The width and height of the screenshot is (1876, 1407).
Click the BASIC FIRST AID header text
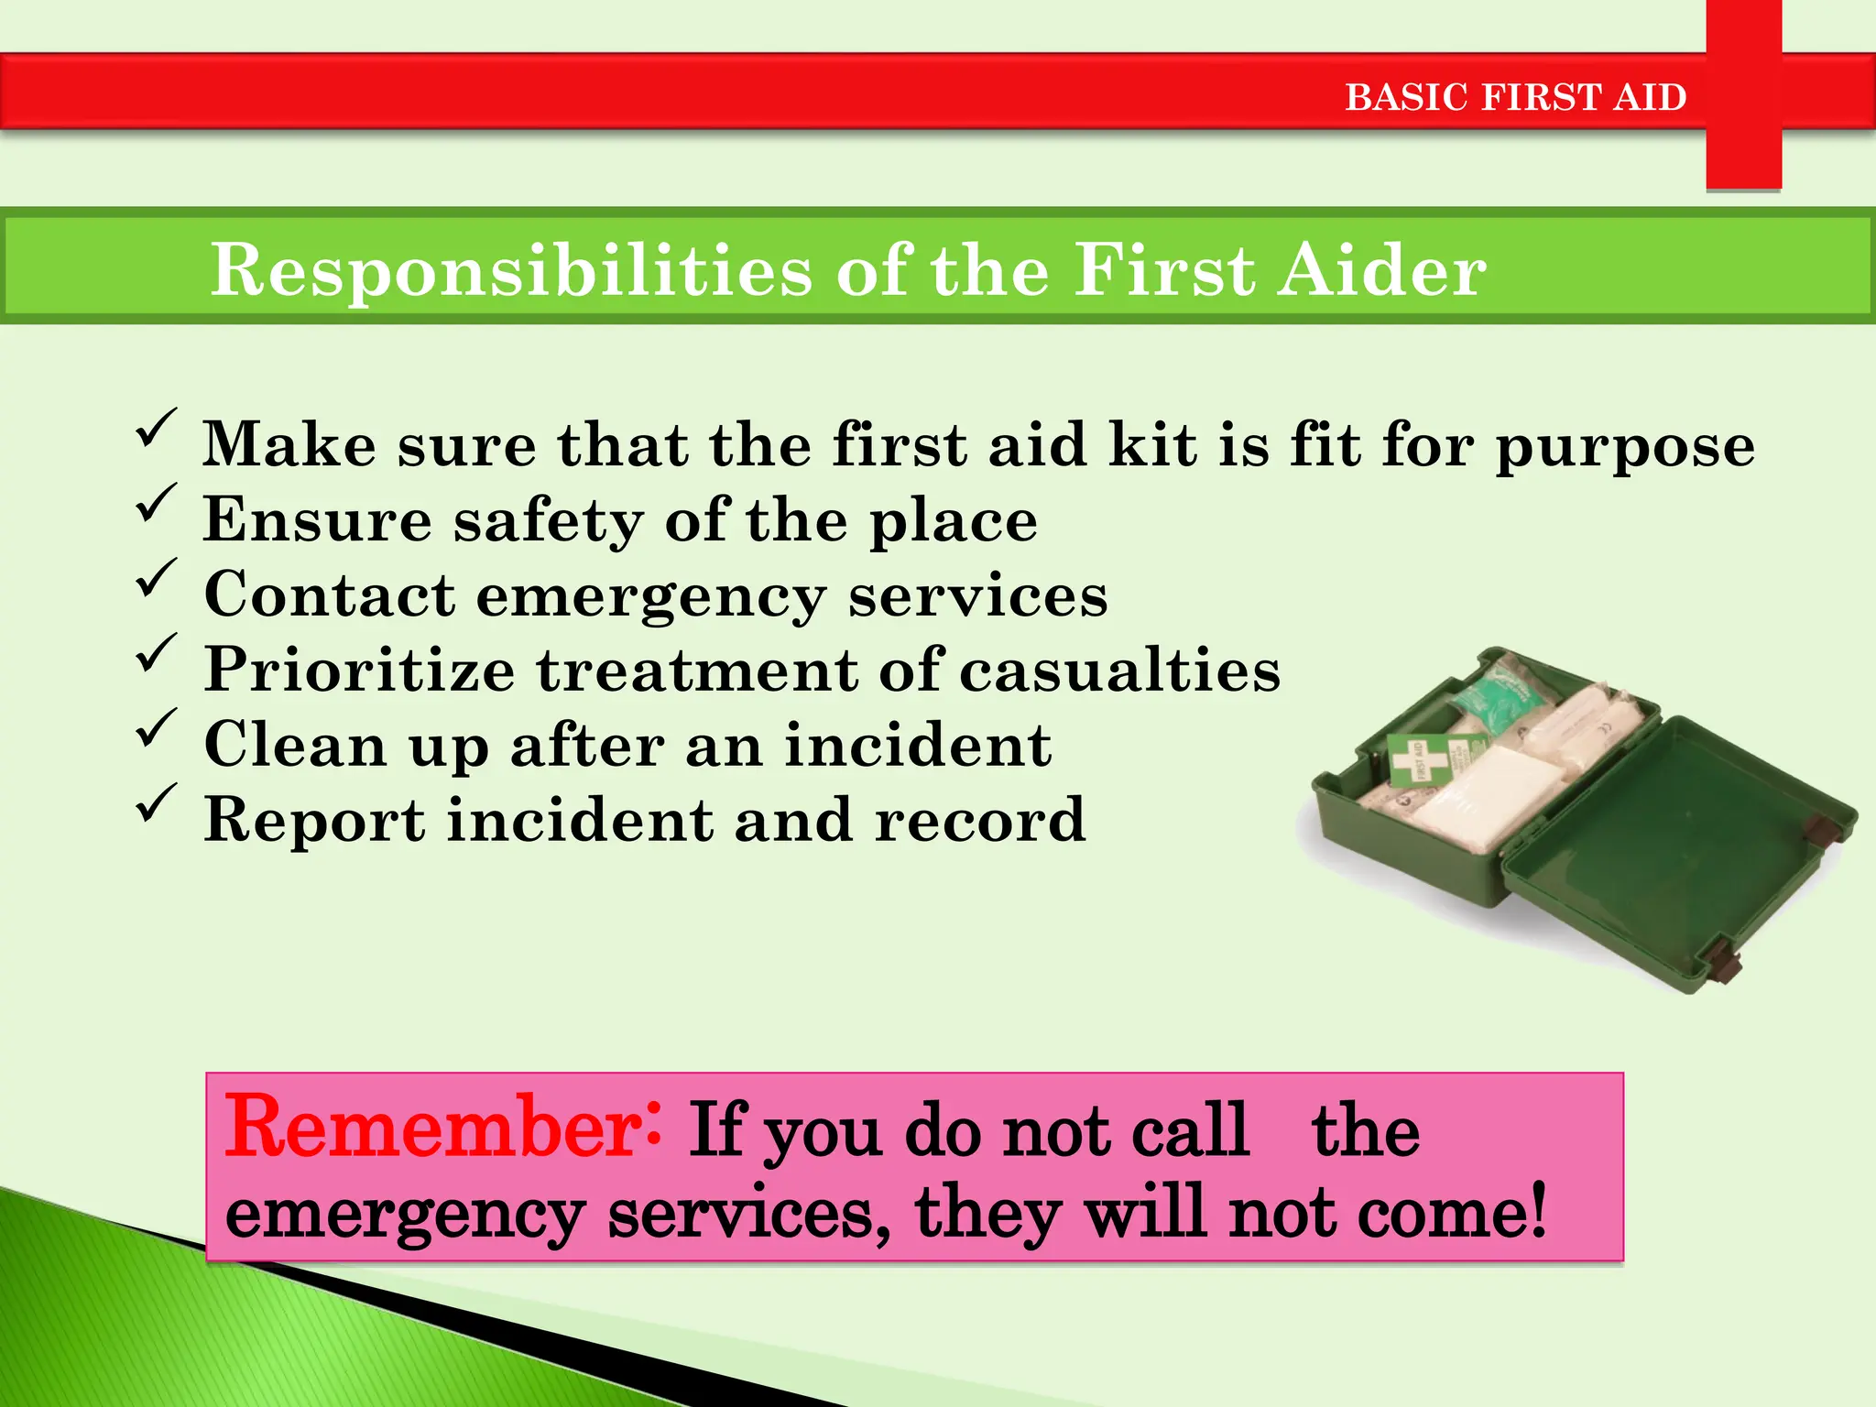pos(1515,97)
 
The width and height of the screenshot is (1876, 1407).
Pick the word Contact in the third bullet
pos(330,595)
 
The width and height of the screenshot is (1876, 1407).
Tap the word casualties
pos(1119,671)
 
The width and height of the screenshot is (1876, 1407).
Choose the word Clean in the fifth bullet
pos(295,745)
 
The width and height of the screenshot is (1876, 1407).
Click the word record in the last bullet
pos(979,820)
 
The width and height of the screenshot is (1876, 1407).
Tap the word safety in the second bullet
pos(549,522)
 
